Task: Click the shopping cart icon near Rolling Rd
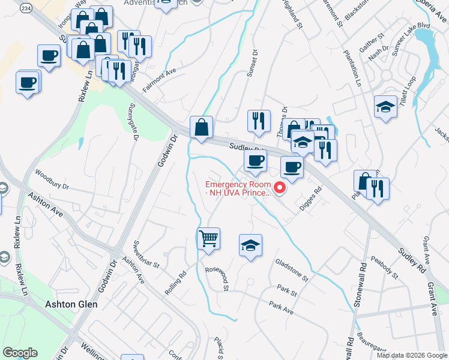coord(208,238)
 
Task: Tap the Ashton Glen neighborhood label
coord(71,304)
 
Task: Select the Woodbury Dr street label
coord(52,179)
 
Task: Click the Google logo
coord(20,353)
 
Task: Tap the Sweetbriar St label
coord(146,256)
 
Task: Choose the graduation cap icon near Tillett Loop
coord(385,107)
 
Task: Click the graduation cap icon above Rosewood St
coord(250,245)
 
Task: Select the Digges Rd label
coord(310,199)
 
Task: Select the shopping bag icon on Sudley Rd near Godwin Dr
coord(201,127)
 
